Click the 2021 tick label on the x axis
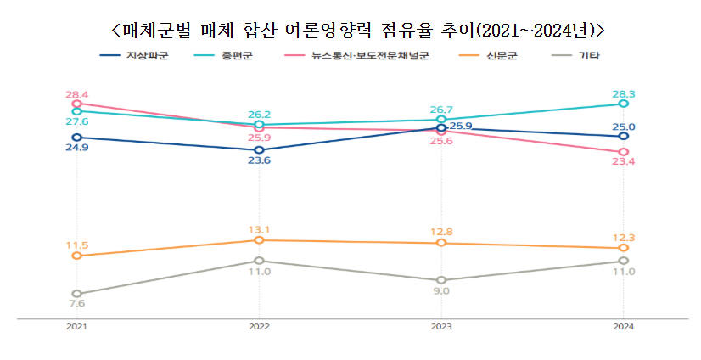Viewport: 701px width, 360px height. (76, 327)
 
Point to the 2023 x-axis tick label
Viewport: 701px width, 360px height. (440, 327)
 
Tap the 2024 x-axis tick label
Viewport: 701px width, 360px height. (623, 327)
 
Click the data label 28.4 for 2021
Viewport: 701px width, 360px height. (77, 93)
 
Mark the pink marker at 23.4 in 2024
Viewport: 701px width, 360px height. (623, 152)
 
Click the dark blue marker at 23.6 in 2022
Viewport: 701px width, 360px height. (259, 150)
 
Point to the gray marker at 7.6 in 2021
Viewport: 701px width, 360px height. (76, 294)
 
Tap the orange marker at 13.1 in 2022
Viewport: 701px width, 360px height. (259, 240)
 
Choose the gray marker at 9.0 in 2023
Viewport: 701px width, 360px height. (440, 280)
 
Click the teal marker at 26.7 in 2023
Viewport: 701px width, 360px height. (440, 120)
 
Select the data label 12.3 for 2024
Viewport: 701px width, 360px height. (623, 238)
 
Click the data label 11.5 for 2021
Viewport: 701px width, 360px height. (77, 245)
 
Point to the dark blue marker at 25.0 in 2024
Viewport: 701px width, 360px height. (623, 136)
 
